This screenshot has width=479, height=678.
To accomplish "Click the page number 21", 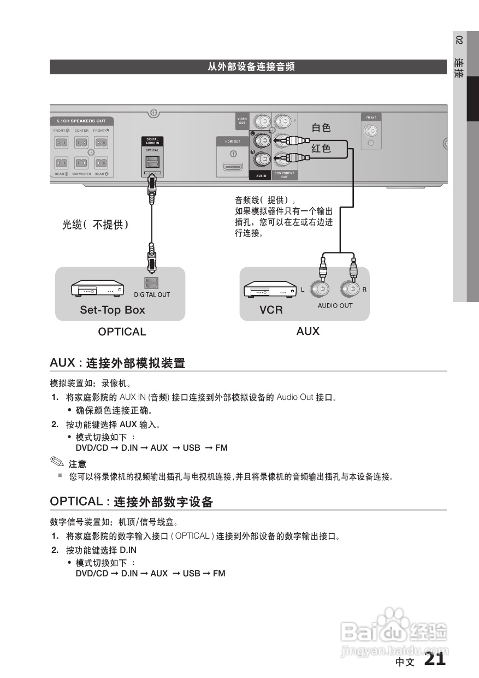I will tap(435, 659).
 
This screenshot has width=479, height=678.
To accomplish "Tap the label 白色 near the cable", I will tap(321, 128).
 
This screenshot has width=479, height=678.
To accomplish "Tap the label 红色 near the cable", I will tap(321, 149).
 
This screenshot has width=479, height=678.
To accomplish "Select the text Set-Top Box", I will tap(113, 310).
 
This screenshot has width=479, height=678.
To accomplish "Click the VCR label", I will tap(271, 310).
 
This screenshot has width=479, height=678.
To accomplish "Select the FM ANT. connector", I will tap(371, 131).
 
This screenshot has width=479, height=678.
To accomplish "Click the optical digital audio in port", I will tap(152, 161).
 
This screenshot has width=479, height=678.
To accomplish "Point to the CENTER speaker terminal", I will tap(81, 142).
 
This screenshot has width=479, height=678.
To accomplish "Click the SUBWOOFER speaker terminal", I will tap(81, 163).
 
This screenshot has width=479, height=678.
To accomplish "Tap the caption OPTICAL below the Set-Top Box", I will tap(122, 332).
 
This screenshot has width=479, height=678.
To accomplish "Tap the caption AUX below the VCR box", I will tap(307, 331).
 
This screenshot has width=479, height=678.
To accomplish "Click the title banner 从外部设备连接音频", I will tap(251, 67).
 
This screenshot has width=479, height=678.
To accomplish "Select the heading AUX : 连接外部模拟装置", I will tap(117, 363).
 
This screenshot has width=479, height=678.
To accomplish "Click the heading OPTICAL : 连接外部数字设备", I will tap(131, 502).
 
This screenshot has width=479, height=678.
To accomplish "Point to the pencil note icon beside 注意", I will tap(57, 462).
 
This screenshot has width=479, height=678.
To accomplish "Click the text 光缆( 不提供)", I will tap(95, 225).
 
